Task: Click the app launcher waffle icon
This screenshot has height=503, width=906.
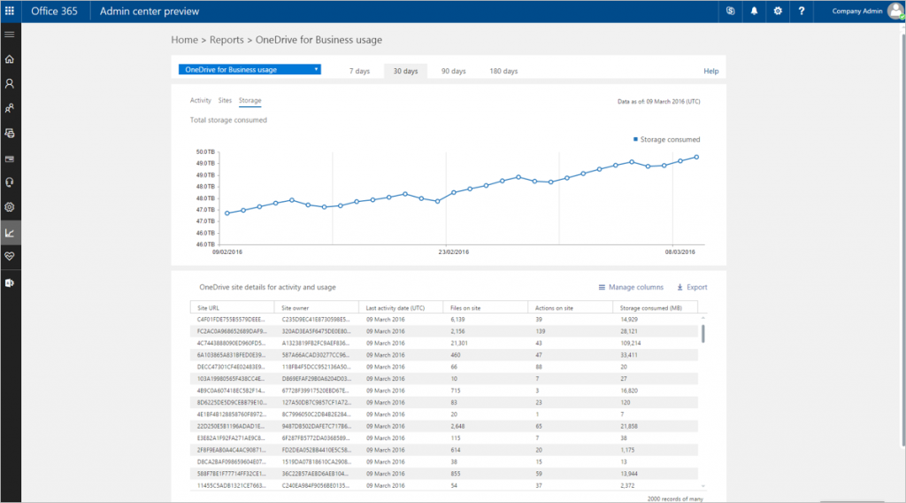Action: (x=11, y=12)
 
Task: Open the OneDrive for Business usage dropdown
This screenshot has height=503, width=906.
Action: (x=249, y=70)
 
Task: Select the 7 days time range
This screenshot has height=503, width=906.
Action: (x=359, y=71)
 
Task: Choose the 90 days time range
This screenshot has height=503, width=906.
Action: (x=453, y=71)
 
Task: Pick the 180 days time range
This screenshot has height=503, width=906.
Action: (x=503, y=71)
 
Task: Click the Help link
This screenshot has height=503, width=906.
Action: (x=710, y=71)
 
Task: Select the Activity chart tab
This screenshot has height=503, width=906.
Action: (x=201, y=101)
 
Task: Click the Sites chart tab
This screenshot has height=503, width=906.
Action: (x=225, y=101)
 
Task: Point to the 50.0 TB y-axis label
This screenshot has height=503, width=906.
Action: (x=204, y=152)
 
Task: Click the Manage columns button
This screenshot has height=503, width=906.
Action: (x=631, y=287)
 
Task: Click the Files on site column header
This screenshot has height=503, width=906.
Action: (x=466, y=307)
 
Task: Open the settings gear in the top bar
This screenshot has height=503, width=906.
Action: (x=778, y=12)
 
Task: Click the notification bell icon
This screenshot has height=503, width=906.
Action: (x=755, y=12)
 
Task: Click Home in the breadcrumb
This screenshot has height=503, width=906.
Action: (x=184, y=40)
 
